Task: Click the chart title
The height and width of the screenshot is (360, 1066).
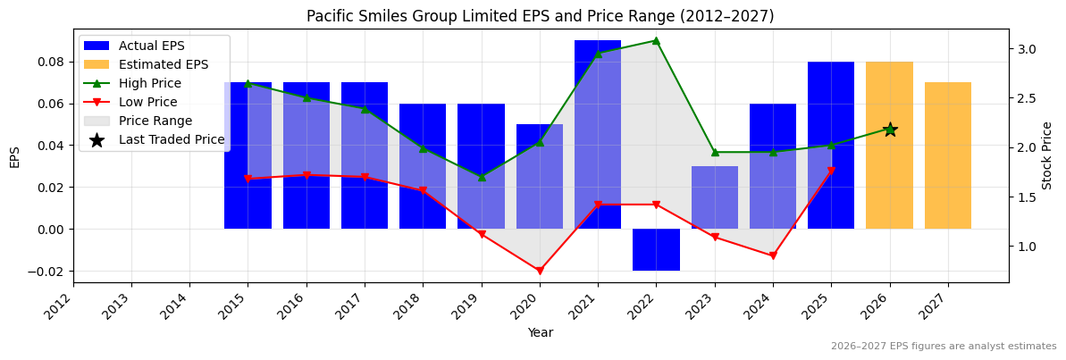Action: [540, 16]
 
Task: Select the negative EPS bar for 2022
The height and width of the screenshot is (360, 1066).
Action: [656, 250]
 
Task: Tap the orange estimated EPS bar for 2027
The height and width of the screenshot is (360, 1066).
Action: [947, 155]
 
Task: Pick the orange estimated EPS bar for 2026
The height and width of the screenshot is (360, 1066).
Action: [889, 179]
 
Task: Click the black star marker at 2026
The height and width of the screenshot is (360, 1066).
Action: [890, 130]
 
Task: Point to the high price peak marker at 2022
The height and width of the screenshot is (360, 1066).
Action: [656, 40]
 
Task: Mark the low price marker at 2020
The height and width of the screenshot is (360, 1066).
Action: [540, 271]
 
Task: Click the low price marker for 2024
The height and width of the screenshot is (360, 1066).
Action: [773, 255]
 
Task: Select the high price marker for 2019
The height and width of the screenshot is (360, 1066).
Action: [482, 177]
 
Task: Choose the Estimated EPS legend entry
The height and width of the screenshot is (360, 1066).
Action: [163, 64]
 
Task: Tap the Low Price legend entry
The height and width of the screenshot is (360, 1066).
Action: [147, 102]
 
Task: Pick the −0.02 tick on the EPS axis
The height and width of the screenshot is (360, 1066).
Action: [48, 272]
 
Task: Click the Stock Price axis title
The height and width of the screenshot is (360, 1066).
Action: [1047, 155]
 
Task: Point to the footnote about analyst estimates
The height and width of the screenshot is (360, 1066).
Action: [943, 347]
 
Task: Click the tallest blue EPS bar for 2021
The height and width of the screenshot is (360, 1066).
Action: [598, 134]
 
